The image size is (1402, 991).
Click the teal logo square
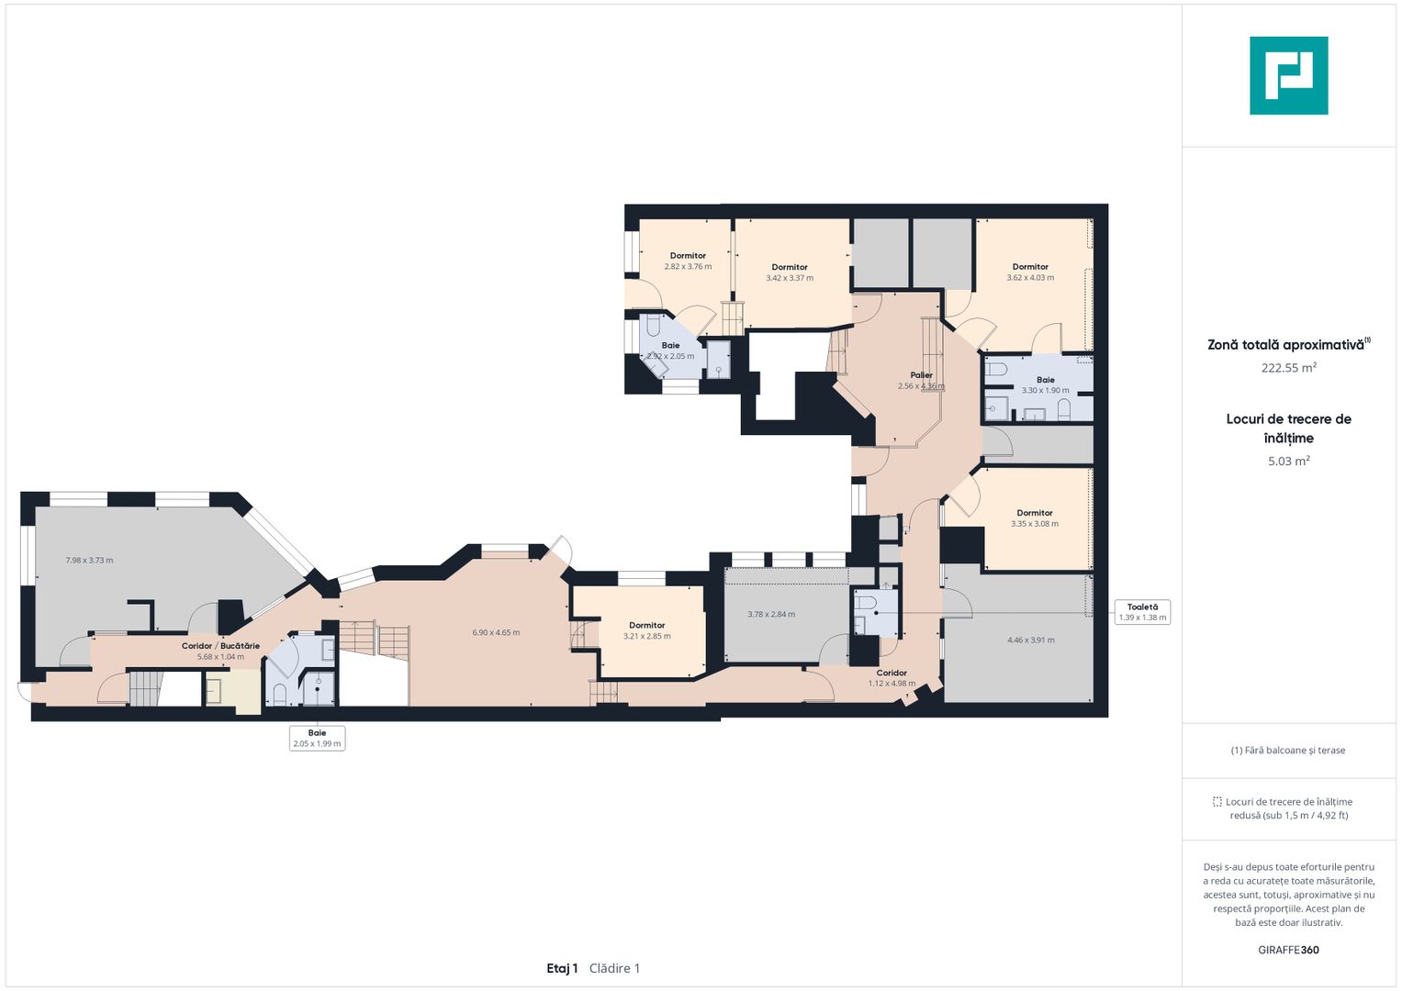pos(1289,75)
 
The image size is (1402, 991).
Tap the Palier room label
pos(921,374)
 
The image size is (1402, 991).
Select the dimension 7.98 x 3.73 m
pos(89,560)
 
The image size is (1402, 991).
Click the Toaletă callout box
pos(1142,612)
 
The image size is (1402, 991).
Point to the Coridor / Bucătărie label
pos(220,646)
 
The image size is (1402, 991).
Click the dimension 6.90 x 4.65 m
pos(496,632)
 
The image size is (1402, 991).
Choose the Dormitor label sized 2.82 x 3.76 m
pos(688,255)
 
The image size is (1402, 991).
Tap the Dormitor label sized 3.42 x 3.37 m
pos(790,267)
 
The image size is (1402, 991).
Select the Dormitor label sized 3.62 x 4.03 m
pos(1030,266)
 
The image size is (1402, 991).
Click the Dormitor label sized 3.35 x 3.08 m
pos(1035,512)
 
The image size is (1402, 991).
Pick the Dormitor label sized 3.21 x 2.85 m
pos(647,625)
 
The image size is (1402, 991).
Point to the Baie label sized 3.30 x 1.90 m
pos(1045,380)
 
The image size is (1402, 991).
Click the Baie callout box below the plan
pos(317,738)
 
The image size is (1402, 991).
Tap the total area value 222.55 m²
pos(1289,368)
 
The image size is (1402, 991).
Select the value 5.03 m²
pos(1289,461)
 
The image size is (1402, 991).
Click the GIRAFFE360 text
pos(1288,950)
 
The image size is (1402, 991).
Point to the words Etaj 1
pos(562,968)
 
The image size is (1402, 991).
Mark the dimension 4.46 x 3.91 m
pos(1030,640)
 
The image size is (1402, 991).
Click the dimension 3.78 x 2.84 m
pos(771,614)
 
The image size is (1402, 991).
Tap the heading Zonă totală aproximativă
pos(1285,345)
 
